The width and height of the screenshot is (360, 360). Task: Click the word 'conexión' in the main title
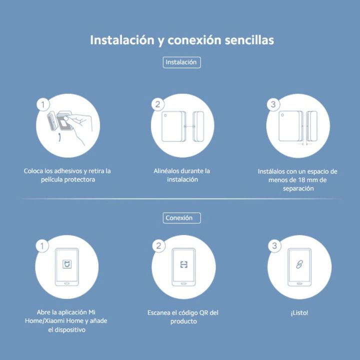point(194,40)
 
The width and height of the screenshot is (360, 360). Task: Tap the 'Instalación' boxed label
point(181,62)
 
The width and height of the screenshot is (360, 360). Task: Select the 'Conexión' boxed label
point(181,218)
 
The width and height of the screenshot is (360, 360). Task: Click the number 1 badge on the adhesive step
point(43,104)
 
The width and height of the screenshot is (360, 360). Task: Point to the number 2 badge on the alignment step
point(157,104)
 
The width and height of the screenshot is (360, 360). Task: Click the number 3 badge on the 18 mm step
point(273,104)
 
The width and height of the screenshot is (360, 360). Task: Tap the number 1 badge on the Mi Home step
point(42,246)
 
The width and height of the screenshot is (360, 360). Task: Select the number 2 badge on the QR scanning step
point(158,246)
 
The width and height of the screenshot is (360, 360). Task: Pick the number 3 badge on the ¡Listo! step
point(274,246)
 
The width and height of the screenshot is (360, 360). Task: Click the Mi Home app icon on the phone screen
point(67,264)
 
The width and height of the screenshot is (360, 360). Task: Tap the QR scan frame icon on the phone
point(183,264)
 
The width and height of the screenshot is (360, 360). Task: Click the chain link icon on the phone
point(299,264)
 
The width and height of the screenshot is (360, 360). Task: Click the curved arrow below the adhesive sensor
point(59,137)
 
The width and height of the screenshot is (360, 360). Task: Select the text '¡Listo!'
point(299,313)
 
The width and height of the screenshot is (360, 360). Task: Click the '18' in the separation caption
point(301,180)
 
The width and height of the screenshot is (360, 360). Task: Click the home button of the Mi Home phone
point(67,283)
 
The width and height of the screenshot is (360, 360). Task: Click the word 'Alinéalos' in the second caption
point(166,171)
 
